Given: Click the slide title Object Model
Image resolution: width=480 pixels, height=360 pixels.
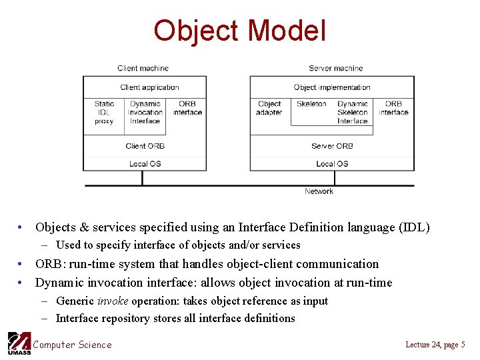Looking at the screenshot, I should click(x=239, y=31).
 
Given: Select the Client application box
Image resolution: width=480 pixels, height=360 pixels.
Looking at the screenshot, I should click(x=149, y=87).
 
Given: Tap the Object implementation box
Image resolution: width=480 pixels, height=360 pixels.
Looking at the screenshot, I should click(x=331, y=87).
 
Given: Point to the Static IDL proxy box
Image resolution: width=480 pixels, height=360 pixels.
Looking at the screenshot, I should click(x=104, y=113).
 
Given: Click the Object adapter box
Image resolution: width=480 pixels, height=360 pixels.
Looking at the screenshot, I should click(x=269, y=108).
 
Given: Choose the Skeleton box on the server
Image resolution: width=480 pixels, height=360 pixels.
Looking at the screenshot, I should click(x=311, y=104).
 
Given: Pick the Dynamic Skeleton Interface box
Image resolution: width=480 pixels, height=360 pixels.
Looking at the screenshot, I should click(x=352, y=113).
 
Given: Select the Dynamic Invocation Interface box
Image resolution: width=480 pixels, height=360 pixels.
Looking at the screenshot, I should click(x=145, y=113).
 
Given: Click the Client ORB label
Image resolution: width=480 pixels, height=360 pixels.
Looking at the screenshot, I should click(x=145, y=146).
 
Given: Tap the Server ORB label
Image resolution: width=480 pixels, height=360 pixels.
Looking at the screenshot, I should click(x=331, y=146).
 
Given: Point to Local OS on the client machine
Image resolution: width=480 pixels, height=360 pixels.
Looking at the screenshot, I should click(x=145, y=164).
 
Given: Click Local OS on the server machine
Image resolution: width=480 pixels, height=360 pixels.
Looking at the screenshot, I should click(x=331, y=164).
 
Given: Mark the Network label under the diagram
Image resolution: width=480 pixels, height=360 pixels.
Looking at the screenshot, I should click(x=319, y=191).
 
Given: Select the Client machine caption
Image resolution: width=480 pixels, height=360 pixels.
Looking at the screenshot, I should click(x=143, y=68).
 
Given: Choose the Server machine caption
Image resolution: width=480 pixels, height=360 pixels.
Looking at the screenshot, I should click(x=335, y=68).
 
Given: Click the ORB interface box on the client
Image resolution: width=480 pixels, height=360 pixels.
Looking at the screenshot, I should click(x=187, y=108).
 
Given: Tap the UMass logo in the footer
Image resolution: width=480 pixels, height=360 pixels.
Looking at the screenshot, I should click(x=19, y=343).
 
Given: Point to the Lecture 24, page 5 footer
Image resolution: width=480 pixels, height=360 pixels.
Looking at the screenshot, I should click(x=435, y=344).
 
